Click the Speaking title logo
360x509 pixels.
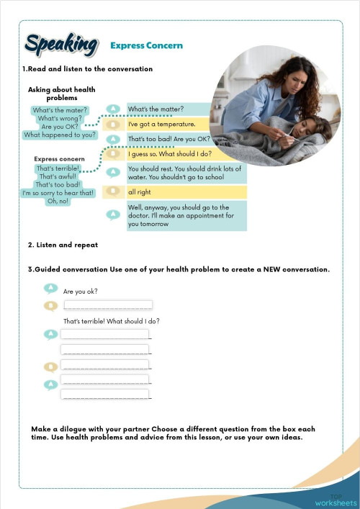[60, 45]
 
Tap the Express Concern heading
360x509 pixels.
[146, 45]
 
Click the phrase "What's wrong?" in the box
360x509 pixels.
[60, 118]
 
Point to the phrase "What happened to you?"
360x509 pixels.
[60, 135]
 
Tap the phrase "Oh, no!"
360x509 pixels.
[58, 201]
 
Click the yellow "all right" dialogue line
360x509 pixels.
[140, 192]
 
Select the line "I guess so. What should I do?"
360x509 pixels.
[169, 153]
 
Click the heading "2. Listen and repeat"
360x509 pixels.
[63, 246]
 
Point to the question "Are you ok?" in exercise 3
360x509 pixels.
[81, 292]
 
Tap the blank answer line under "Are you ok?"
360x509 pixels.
[107, 305]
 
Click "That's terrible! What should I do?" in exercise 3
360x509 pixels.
[112, 320]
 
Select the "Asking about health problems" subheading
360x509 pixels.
[62, 93]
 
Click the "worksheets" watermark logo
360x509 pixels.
[336, 502]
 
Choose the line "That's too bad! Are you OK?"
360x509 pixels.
[168, 139]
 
